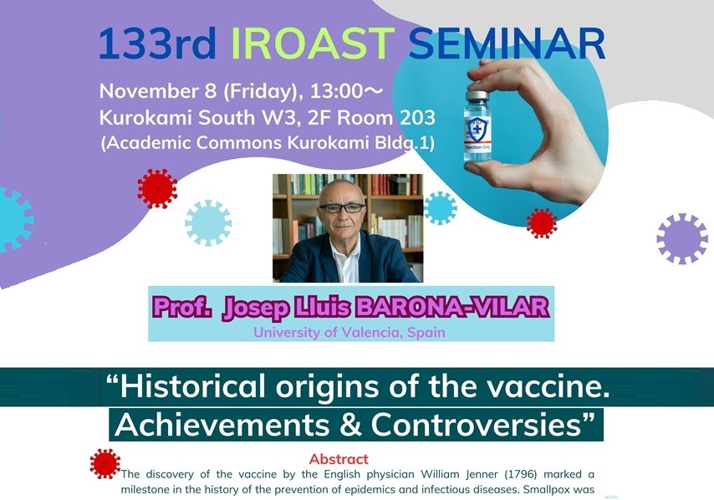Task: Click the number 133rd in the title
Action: pos(157,43)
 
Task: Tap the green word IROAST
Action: pos(314,43)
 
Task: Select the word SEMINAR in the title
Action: pos(507,43)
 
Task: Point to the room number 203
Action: pos(417,118)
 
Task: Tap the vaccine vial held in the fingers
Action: pos(477,126)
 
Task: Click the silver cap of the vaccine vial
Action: pos(477,96)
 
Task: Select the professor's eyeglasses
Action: pos(342,208)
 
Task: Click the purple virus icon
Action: pos(682,238)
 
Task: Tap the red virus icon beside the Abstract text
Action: pos(105,463)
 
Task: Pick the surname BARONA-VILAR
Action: pos(452,307)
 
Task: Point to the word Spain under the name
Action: pos(426,333)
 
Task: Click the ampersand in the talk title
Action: pos(349,425)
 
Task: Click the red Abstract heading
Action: pos(339,458)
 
